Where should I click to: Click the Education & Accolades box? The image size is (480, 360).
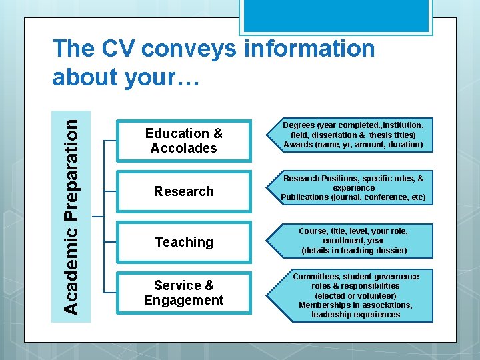pyautogui.click(x=184, y=141)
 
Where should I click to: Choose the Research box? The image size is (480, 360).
pyautogui.click(x=184, y=191)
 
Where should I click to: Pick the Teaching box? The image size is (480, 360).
pyautogui.click(x=184, y=242)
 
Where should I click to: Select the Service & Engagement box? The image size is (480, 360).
pyautogui.click(x=184, y=293)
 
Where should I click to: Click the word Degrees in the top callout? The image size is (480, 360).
pyautogui.click(x=299, y=125)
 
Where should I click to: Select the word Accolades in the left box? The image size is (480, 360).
pyautogui.click(x=184, y=148)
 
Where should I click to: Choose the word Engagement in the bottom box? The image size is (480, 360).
pyautogui.click(x=184, y=300)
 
